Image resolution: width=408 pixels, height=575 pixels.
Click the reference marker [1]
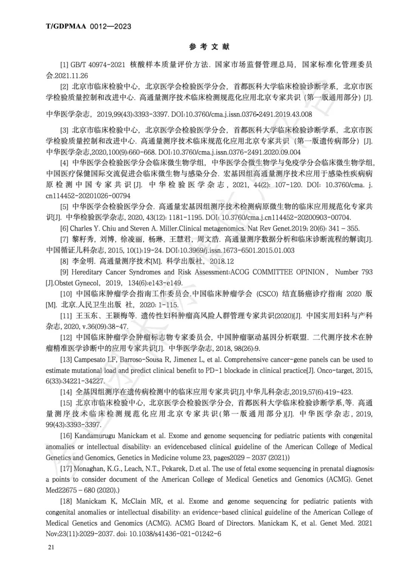[64, 65]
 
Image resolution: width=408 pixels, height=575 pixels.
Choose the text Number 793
[354, 272]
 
